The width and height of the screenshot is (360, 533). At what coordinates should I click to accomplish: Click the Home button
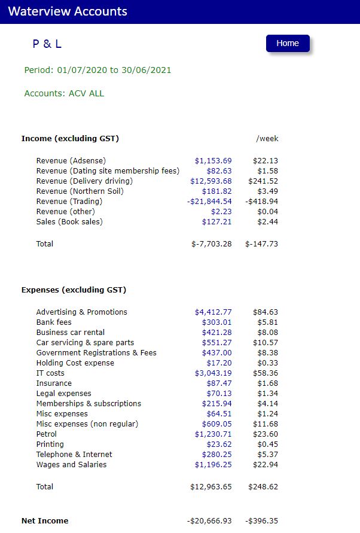[288, 43]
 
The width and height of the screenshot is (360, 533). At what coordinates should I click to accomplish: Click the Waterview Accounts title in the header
[68, 11]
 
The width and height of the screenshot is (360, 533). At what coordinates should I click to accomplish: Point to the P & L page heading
[47, 44]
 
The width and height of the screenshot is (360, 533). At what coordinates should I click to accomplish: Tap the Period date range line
[97, 70]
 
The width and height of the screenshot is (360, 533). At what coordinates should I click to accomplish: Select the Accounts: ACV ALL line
[64, 93]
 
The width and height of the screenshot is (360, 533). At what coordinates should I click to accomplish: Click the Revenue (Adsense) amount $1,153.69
[213, 161]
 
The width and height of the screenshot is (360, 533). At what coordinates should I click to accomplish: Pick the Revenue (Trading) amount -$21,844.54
[209, 202]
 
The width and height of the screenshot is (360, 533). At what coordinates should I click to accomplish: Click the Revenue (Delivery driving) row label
[84, 181]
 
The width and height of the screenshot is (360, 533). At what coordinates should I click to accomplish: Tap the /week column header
[267, 139]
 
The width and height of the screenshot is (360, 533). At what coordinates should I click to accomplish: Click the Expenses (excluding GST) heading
[74, 290]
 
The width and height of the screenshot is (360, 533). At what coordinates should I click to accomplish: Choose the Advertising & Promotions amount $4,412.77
[213, 312]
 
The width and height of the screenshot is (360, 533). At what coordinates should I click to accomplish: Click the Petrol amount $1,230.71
[213, 434]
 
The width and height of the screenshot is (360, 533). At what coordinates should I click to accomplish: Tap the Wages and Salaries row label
[71, 465]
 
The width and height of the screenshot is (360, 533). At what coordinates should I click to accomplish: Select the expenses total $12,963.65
[211, 487]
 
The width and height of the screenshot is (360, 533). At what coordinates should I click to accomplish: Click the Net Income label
[45, 521]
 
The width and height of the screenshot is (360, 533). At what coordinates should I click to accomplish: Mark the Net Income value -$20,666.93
[209, 521]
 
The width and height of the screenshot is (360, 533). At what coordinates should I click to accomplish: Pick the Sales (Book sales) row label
[69, 222]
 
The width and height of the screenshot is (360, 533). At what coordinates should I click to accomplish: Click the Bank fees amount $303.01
[216, 322]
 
